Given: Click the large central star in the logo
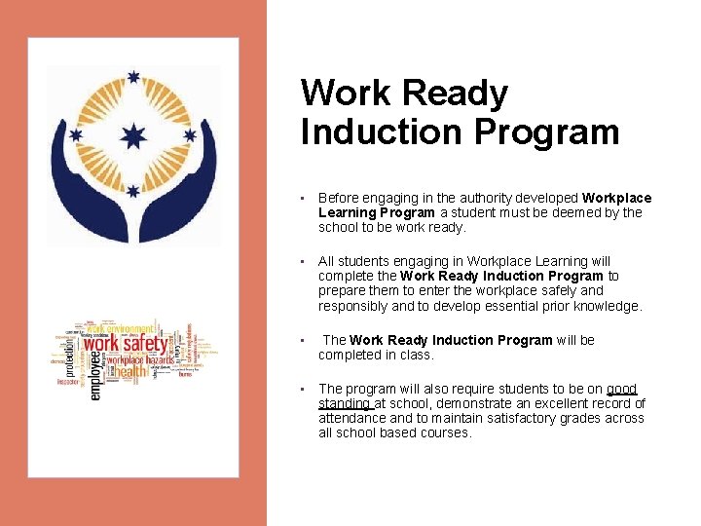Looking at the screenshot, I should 133,134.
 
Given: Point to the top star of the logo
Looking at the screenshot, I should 133,78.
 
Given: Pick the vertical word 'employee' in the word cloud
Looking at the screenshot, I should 94,375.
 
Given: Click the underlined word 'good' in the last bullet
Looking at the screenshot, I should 621,389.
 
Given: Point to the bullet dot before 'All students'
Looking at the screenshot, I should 304,261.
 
